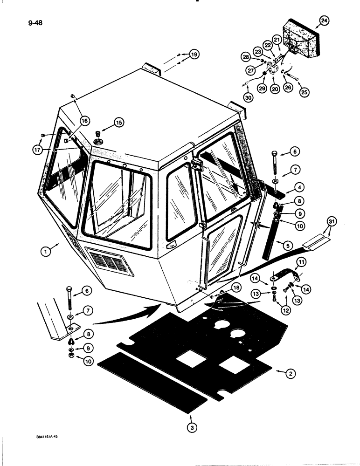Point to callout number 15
tap(118, 123)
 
